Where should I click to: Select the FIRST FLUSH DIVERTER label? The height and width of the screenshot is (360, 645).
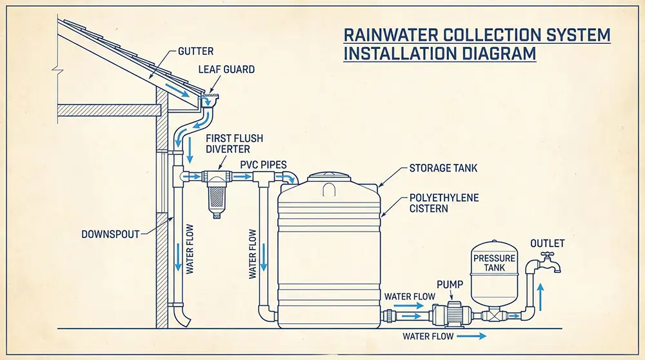(x=228, y=143)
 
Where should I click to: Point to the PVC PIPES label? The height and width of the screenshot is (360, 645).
(x=263, y=165)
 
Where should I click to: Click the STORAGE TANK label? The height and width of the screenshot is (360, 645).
(x=444, y=169)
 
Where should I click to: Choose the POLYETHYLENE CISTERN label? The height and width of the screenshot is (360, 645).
(x=444, y=203)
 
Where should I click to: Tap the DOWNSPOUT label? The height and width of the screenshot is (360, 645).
(x=110, y=234)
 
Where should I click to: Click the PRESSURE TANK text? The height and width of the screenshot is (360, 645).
(x=495, y=263)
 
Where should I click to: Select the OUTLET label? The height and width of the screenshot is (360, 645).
(x=547, y=243)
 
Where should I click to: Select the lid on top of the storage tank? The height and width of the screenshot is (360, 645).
(x=328, y=175)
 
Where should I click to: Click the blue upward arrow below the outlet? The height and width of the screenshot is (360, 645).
(x=541, y=296)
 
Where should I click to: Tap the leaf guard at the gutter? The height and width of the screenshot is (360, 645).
(x=212, y=97)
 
